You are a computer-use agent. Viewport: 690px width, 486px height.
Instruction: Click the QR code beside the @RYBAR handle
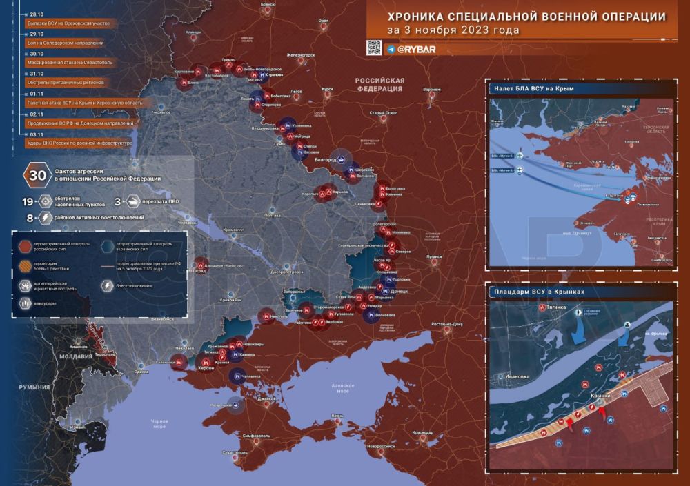pos(373,48)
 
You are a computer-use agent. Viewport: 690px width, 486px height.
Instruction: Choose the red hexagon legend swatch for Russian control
pos(23,245)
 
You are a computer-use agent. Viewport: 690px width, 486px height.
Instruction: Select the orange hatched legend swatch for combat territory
pos(23,265)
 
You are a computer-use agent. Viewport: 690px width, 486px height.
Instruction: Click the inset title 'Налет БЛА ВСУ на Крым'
pos(535,89)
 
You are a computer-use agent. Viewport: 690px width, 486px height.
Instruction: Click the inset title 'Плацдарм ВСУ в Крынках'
pos(539,292)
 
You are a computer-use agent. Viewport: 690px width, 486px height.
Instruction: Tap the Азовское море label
pos(343,387)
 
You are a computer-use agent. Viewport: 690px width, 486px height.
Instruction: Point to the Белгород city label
pos(324,160)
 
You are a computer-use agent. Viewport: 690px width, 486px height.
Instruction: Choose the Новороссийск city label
pos(384,446)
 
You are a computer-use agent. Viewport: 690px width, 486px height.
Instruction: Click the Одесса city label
pos(141,372)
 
